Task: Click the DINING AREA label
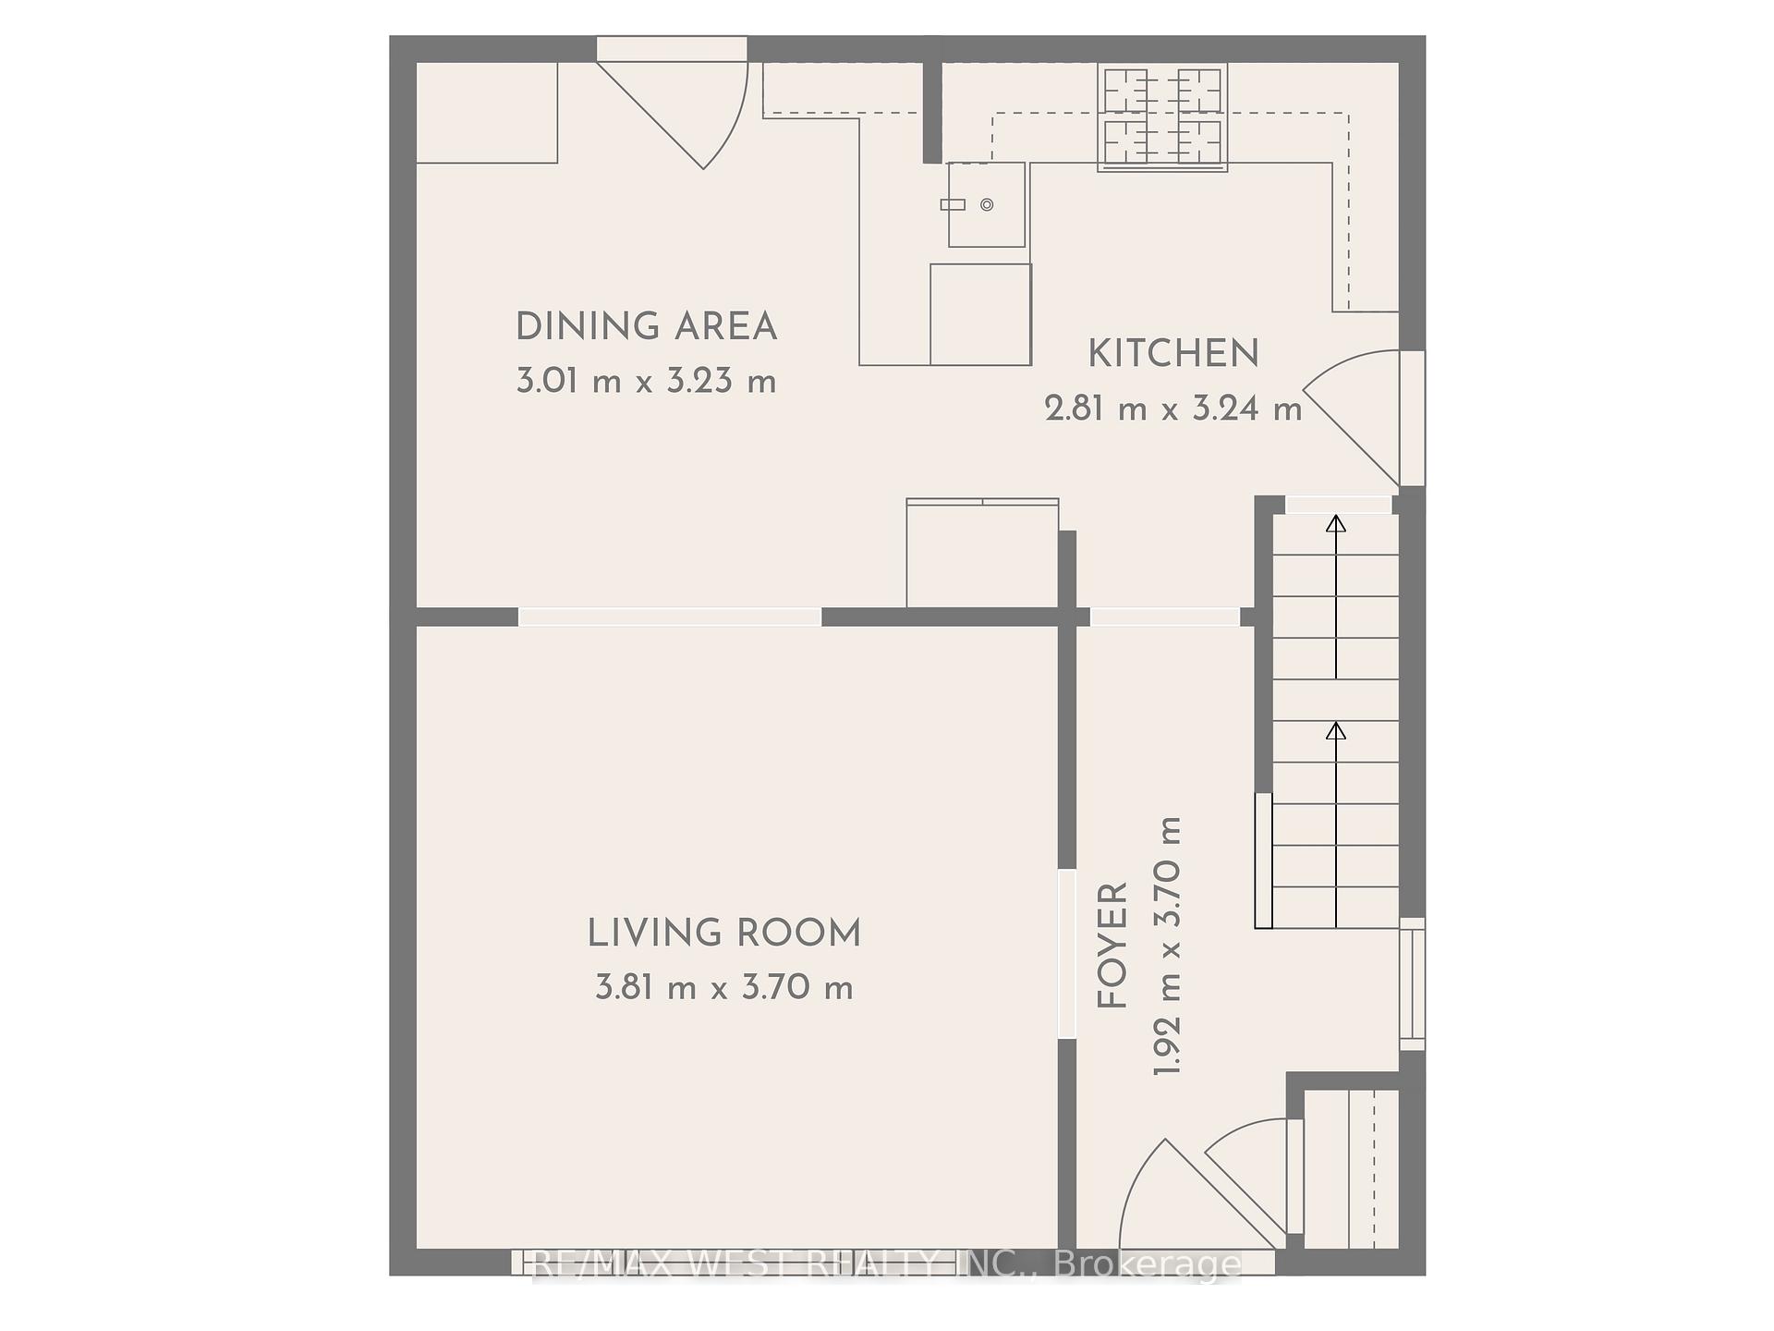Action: pos(646,327)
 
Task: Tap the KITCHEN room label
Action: pos(1173,354)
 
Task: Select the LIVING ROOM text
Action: pos(724,934)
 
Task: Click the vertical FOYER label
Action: pos(1113,946)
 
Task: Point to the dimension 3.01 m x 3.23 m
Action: pos(646,381)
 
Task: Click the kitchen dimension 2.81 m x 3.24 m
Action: pos(1173,408)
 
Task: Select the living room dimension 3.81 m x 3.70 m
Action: pos(724,988)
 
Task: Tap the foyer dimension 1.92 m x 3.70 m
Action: pos(1168,946)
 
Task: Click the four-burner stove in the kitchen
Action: pos(1162,116)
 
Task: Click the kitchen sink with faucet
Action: pos(986,204)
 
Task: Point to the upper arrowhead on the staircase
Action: pos(1336,524)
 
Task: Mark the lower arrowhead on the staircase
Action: pos(1336,731)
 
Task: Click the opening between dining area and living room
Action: pos(669,617)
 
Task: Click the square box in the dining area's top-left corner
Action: pos(486,112)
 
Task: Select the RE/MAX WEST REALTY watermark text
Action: pos(887,1264)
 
